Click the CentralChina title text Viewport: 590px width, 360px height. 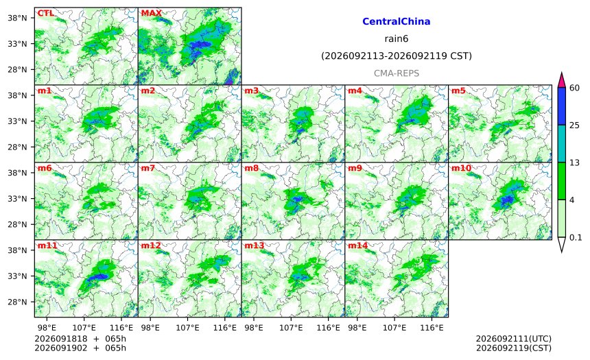coord(397,21)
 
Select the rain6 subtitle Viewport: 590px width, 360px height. coord(397,39)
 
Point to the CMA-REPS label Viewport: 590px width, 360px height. coord(397,73)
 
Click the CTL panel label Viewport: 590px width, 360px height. coord(45,13)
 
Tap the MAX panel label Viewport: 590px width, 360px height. coord(151,13)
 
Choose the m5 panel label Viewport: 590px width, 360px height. coord(458,91)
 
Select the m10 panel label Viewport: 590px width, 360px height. coord(461,168)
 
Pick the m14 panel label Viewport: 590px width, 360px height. coord(357,245)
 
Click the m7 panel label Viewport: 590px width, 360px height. coord(148,168)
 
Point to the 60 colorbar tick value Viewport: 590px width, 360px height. coord(574,88)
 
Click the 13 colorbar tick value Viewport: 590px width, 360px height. coord(574,163)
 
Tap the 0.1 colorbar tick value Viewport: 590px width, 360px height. coord(576,237)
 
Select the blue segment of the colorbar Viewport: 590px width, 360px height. coord(561,106)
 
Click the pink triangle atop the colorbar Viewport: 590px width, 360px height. coord(561,80)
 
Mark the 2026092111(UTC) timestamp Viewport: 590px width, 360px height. coord(514,339)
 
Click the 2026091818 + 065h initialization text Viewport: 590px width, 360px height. coord(80,339)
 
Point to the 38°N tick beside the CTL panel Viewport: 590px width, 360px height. coord(17,18)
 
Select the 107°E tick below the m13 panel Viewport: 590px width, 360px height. coord(291,328)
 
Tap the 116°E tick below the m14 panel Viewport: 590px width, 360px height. coord(432,328)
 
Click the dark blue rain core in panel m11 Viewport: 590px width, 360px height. coord(97,276)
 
